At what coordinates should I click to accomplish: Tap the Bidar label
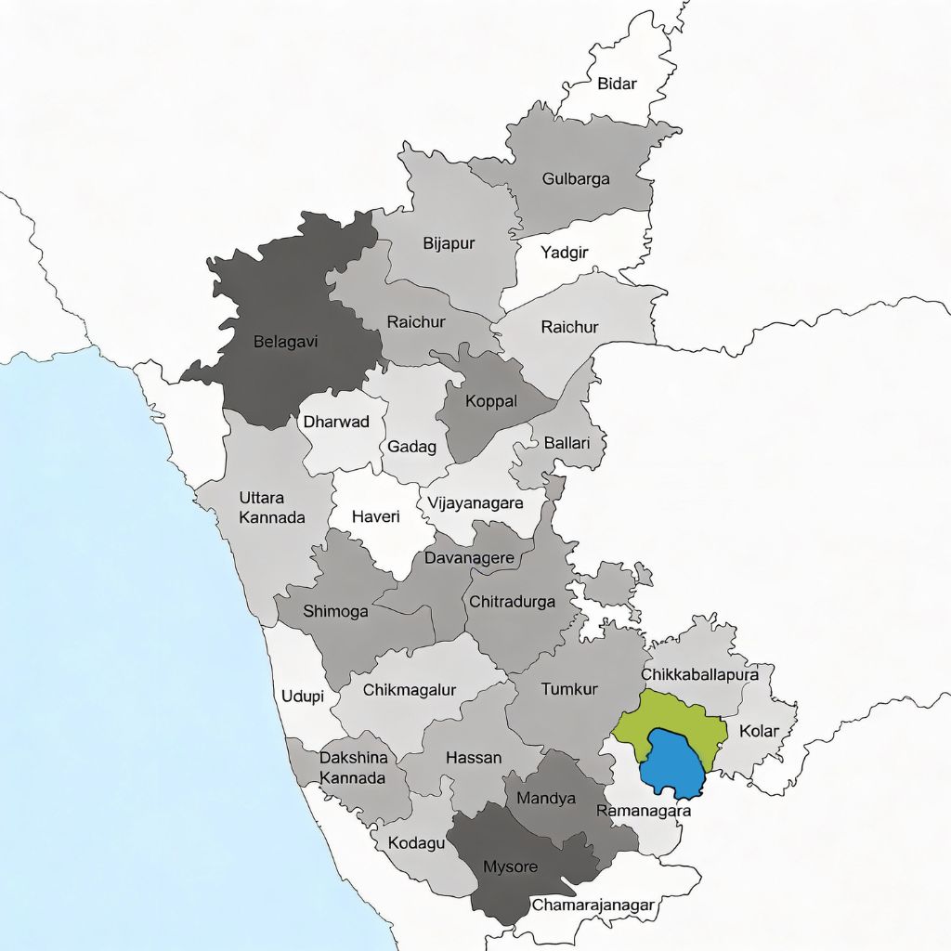(617, 84)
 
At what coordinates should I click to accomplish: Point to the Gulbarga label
(576, 178)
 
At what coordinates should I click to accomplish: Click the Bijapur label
(449, 243)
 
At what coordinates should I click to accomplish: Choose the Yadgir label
(565, 251)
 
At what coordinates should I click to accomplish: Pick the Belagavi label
(285, 342)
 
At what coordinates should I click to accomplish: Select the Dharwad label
(336, 422)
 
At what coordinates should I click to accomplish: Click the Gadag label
(411, 447)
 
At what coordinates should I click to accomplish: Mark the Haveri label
(376, 516)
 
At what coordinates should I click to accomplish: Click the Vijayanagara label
(475, 503)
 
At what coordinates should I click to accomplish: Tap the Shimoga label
(335, 611)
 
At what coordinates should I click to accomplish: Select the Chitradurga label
(512, 601)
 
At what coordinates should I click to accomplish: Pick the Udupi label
(303, 696)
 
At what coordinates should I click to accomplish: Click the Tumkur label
(569, 688)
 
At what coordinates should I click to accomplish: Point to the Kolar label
(759, 730)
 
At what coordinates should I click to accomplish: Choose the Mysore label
(510, 866)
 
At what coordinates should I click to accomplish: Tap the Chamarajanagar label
(593, 904)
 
